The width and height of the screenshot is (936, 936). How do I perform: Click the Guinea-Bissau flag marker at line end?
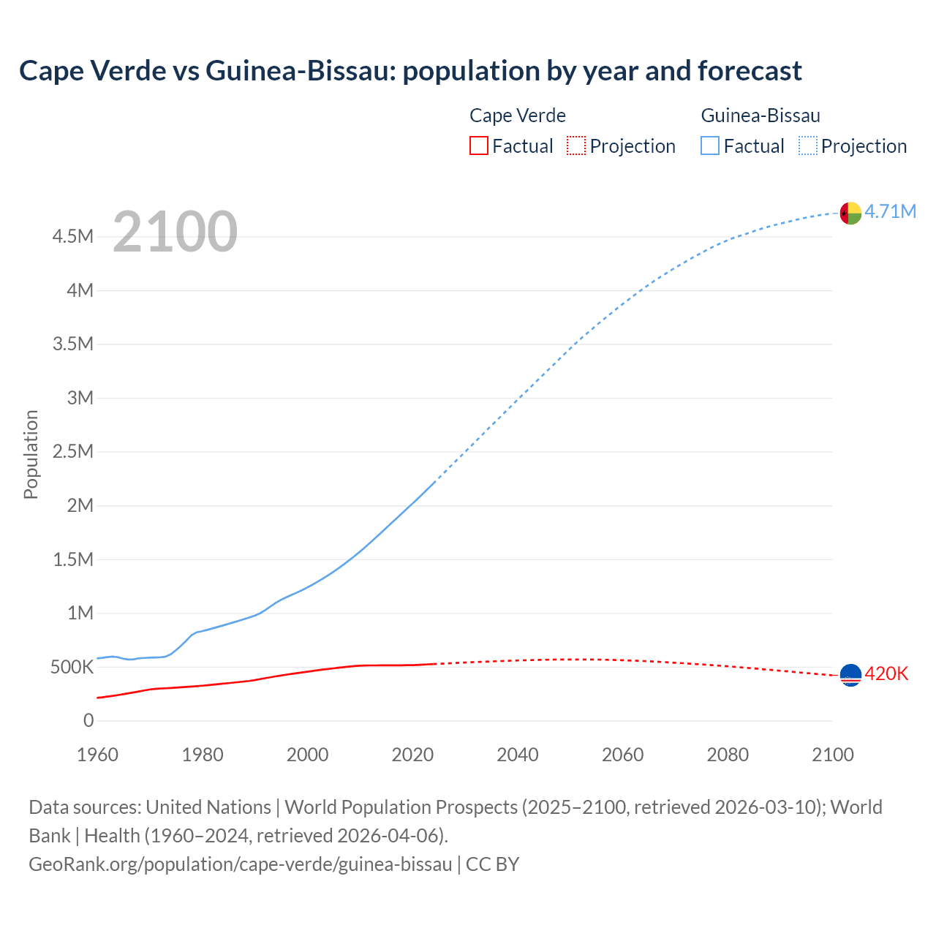[x=850, y=213]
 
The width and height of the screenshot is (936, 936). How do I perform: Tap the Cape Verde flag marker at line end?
[x=850, y=675]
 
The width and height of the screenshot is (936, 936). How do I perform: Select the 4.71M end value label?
[x=891, y=212]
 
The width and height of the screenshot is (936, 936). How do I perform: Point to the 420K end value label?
[x=886, y=674]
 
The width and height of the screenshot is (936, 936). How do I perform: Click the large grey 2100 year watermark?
[x=175, y=232]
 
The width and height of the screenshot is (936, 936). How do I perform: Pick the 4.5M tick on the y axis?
[x=72, y=237]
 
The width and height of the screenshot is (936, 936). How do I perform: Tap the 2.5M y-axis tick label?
[x=72, y=451]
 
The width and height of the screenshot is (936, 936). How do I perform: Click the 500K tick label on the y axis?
[x=72, y=667]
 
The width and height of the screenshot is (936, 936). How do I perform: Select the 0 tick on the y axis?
[x=88, y=721]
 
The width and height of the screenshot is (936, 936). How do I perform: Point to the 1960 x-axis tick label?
[x=97, y=755]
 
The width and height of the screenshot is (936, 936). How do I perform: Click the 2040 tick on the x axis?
[x=518, y=755]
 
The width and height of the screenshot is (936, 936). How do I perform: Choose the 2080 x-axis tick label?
[x=728, y=755]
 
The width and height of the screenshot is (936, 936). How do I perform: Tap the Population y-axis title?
[x=31, y=454]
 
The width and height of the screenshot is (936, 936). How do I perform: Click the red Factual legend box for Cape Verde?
[x=478, y=146]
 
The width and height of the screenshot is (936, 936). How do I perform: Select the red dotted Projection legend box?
[x=576, y=146]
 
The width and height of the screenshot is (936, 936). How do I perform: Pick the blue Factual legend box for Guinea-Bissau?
[x=710, y=146]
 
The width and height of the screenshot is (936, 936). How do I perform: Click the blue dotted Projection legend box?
[x=808, y=146]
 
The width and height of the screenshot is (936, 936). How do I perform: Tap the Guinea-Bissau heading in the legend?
[x=760, y=116]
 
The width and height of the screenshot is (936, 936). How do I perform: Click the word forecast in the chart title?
[x=750, y=71]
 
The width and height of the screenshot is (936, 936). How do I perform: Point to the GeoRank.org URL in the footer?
[x=241, y=864]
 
